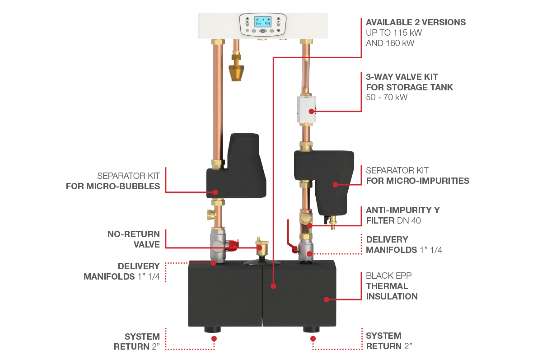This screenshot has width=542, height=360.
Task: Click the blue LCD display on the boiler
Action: tap(262, 22)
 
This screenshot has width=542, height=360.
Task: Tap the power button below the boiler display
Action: tap(263, 31)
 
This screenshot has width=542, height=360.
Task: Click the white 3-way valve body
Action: tap(306, 110)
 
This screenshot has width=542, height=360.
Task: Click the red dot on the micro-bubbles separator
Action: tap(215, 192)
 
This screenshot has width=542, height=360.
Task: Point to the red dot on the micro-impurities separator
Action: tap(335, 185)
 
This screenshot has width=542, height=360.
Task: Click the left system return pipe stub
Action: tap(212, 329)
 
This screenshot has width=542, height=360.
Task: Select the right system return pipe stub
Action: tap(311, 329)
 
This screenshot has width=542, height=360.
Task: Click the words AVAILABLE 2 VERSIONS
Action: tap(416, 22)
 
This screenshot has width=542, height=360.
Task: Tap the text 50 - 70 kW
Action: tap(387, 97)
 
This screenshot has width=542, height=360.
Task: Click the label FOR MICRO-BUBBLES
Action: tap(113, 186)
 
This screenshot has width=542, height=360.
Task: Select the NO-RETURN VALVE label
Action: tap(134, 239)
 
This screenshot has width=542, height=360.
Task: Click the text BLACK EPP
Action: tap(388, 276)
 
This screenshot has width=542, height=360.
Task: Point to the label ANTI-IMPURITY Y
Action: tap(402, 210)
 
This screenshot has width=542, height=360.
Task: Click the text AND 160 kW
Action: tap(390, 43)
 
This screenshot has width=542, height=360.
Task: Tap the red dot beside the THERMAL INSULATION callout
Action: tap(327, 299)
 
